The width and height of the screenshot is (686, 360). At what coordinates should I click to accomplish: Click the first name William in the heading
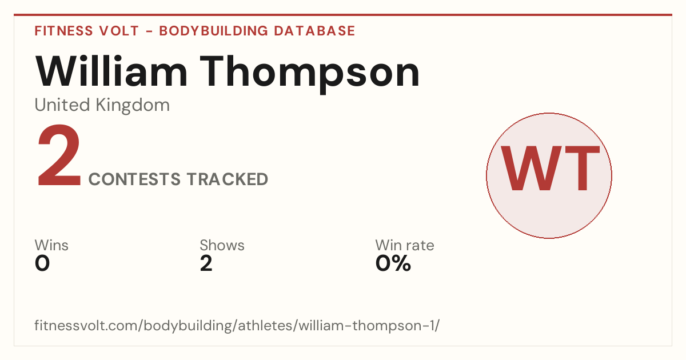[x=111, y=71]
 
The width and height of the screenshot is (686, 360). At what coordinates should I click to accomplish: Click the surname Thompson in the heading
[x=310, y=74]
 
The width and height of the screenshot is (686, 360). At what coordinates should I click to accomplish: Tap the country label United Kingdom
[x=102, y=105]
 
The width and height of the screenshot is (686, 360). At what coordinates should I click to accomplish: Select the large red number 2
[x=59, y=155]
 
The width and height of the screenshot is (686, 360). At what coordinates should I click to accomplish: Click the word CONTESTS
[x=134, y=179]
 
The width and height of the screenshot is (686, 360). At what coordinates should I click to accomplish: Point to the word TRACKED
[x=228, y=179]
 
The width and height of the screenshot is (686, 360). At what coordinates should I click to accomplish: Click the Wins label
[x=51, y=245]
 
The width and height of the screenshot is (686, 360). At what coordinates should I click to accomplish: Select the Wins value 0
[x=42, y=263]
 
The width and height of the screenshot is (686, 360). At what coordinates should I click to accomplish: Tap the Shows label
[x=222, y=245]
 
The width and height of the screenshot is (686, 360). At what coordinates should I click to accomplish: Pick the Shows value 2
[x=206, y=263]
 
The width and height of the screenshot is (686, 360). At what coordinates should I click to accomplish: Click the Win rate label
[x=405, y=245]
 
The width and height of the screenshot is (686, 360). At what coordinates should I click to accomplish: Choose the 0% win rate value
[x=393, y=263]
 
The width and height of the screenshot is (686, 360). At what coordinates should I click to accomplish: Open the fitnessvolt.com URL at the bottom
[x=237, y=325]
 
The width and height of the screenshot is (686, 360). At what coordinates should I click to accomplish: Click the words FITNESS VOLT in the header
[x=87, y=31]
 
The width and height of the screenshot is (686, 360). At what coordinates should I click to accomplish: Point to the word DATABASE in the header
[x=314, y=31]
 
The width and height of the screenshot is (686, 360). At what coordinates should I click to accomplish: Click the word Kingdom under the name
[x=133, y=105]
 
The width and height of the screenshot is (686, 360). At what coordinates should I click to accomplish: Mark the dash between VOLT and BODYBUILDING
[x=149, y=31]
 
